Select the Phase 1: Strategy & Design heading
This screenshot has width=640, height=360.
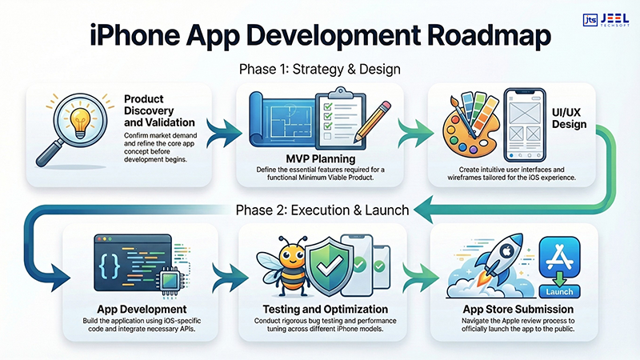pyautogui.click(x=320, y=70)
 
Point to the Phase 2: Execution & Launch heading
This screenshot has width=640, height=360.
pyautogui.click(x=320, y=210)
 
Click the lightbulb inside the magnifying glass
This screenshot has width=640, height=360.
pyautogui.click(x=64, y=120)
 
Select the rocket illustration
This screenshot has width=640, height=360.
pyautogui.click(x=486, y=257)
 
